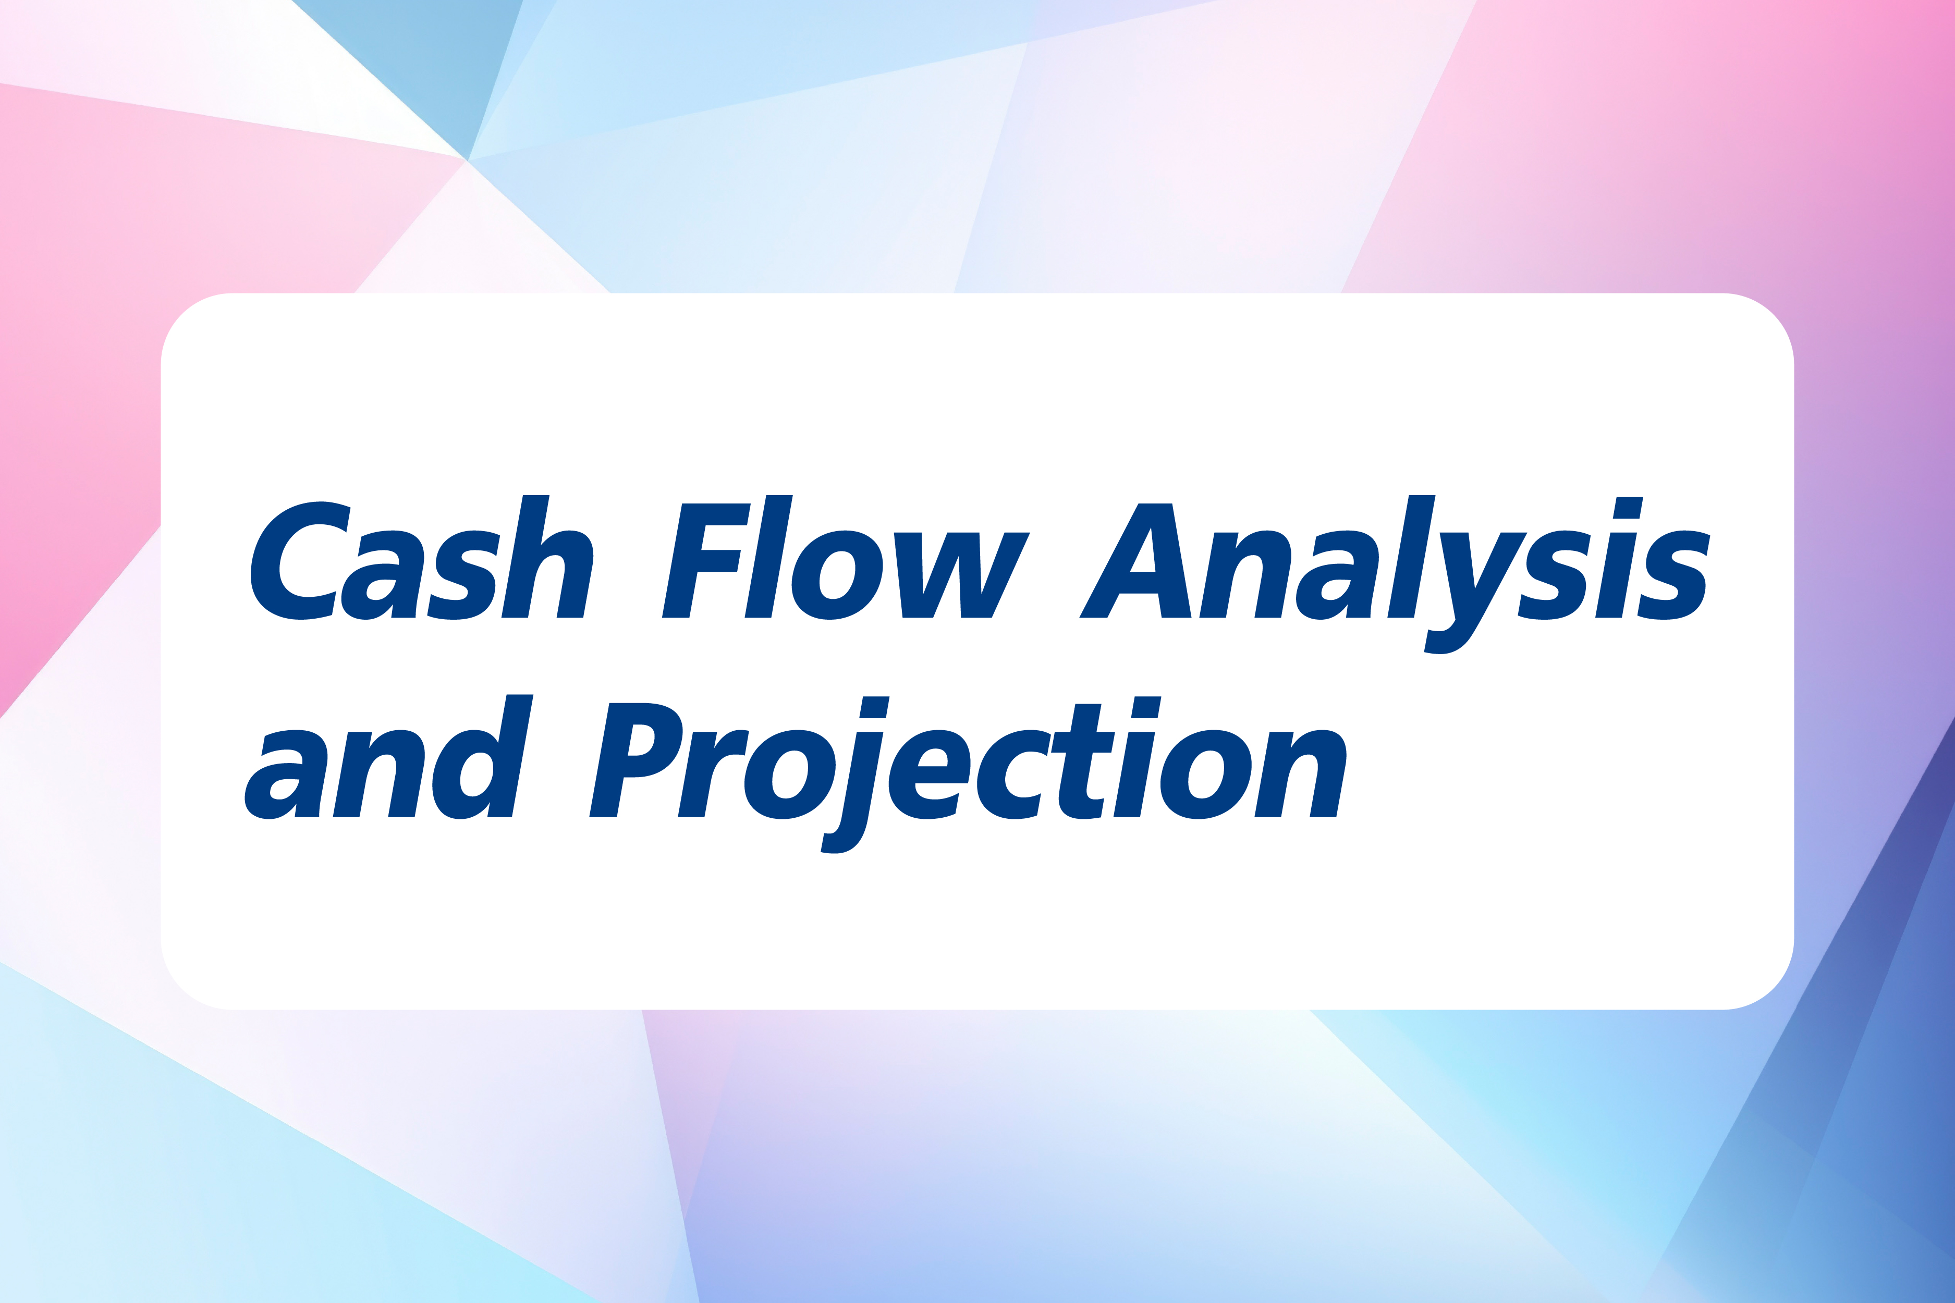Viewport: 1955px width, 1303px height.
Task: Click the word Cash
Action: click(421, 558)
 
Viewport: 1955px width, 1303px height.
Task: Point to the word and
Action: click(389, 757)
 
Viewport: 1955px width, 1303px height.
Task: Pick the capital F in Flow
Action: click(706, 561)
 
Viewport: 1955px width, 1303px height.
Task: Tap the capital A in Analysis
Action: click(1135, 561)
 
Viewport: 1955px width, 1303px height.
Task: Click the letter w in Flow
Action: click(962, 575)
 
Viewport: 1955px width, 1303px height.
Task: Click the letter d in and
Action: click(482, 757)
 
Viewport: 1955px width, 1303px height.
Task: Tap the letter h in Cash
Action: click(547, 557)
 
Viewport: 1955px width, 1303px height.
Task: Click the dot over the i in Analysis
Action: click(1628, 508)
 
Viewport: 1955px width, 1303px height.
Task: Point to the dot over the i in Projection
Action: click(1146, 707)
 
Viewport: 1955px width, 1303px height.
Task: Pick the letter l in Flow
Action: click(769, 557)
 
